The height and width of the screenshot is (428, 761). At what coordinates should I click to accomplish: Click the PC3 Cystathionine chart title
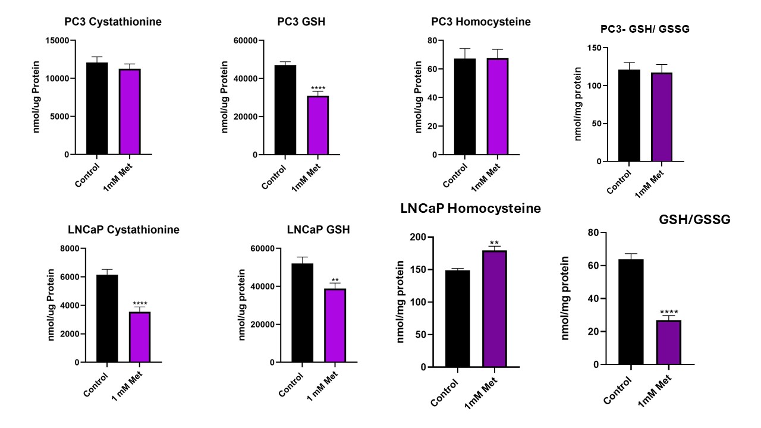(x=113, y=22)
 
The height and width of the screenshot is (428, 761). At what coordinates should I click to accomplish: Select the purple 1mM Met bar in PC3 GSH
(x=317, y=125)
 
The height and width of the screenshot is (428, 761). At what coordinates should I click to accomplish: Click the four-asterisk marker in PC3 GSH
(x=318, y=89)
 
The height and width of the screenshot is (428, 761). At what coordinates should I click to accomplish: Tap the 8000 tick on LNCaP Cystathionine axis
(x=68, y=248)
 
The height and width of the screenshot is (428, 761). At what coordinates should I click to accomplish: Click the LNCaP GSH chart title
(x=318, y=229)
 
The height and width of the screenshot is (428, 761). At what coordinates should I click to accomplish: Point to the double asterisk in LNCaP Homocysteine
(x=494, y=243)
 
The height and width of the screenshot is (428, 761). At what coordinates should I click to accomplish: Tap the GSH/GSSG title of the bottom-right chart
(x=694, y=219)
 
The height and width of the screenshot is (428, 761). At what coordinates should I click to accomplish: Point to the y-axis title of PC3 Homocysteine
(x=419, y=97)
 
